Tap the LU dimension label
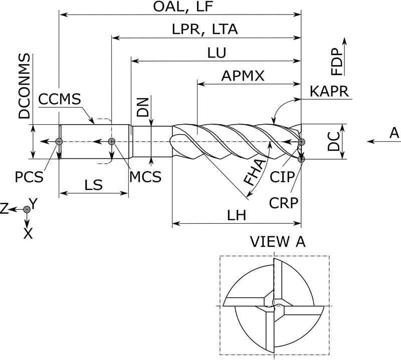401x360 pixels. pyautogui.click(x=216, y=52)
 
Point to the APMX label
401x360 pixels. pyautogui.click(x=243, y=75)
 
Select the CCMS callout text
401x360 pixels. pyautogui.click(x=59, y=99)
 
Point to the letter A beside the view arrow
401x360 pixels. pyautogui.click(x=394, y=133)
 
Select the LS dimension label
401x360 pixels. pyautogui.click(x=94, y=185)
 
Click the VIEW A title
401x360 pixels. pyautogui.click(x=277, y=242)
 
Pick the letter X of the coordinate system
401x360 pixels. pyautogui.click(x=28, y=233)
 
